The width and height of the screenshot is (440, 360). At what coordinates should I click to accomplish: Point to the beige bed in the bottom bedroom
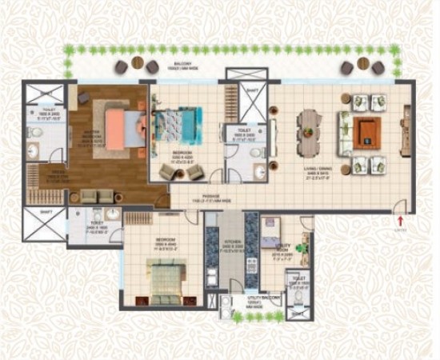[167, 276]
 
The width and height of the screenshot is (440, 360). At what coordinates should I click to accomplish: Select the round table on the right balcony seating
[363, 63]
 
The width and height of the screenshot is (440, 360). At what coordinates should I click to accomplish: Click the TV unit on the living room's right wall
[402, 131]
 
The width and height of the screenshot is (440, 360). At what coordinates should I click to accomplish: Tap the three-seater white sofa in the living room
[342, 132]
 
